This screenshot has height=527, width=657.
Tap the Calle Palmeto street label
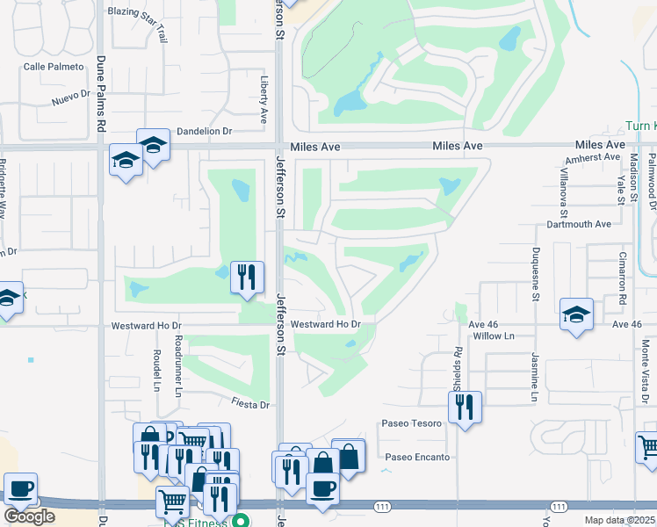tap(54, 67)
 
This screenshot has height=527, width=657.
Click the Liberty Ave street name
tap(264, 97)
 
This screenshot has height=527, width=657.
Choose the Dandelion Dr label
tap(204, 131)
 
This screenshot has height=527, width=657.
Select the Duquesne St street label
tap(534, 272)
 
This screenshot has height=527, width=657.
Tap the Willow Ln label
tap(493, 336)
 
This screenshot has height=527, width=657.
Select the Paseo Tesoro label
tap(411, 423)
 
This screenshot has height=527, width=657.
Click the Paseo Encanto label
tap(417, 458)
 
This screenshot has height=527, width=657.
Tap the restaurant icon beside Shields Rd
tap(466, 407)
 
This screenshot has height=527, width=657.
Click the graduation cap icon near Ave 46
tap(576, 314)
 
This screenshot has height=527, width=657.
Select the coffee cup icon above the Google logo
tap(19, 488)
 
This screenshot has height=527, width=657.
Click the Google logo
tap(29, 516)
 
